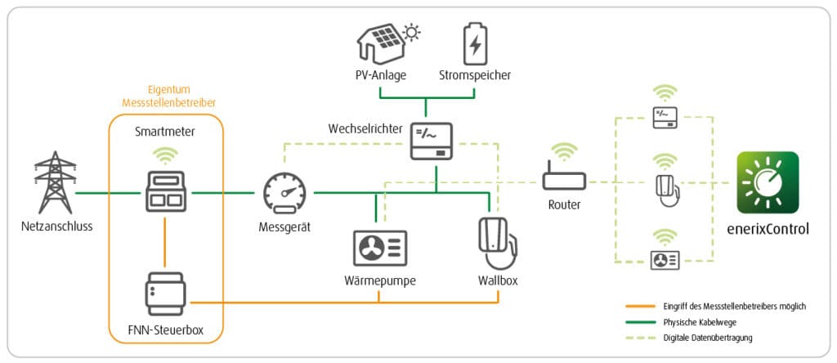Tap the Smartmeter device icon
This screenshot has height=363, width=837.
[165, 193]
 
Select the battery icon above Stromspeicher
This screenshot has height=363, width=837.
[473, 43]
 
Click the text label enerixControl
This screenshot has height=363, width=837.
[768, 229]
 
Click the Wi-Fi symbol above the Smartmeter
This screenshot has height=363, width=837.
[165, 154]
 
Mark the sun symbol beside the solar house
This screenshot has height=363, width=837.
[412, 34]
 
